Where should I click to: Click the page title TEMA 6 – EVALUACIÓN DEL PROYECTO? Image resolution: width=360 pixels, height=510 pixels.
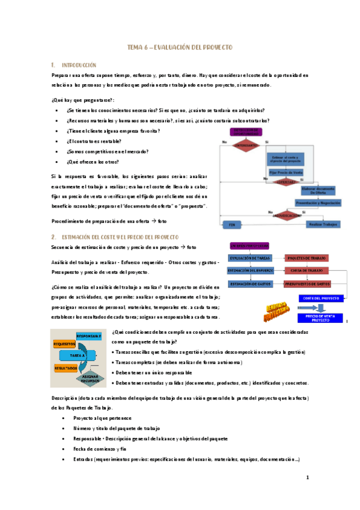180,47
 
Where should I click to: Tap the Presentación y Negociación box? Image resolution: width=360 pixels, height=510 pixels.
318,203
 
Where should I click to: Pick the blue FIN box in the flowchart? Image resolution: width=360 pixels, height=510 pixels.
231,224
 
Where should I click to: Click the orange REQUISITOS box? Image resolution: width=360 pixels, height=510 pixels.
64,344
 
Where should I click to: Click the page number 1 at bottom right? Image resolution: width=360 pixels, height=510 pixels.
307,479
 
